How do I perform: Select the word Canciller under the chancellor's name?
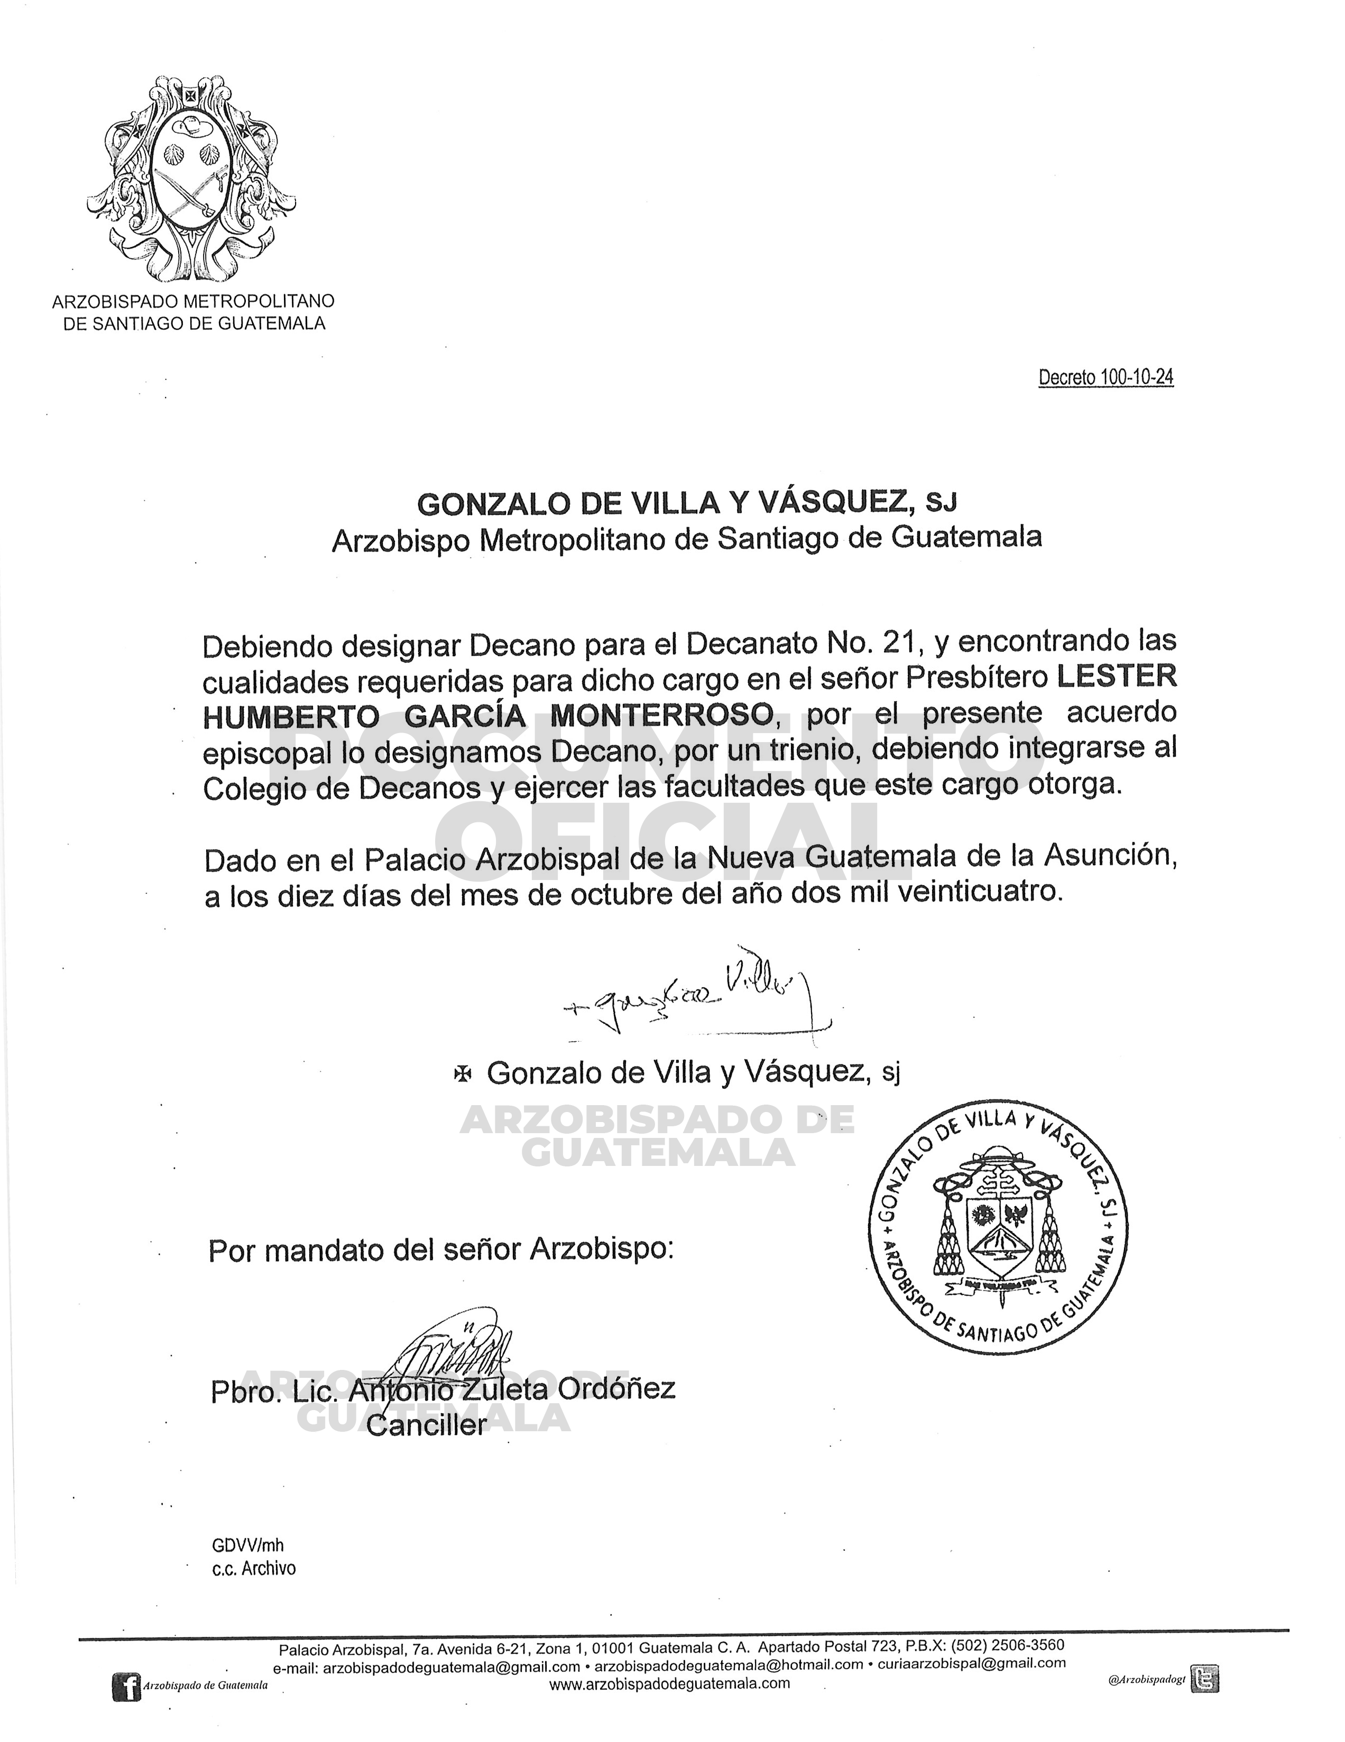click(x=426, y=1425)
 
